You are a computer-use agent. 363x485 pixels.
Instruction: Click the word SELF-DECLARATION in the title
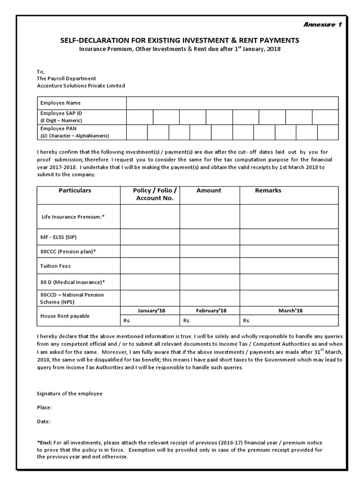pyautogui.click(x=91, y=41)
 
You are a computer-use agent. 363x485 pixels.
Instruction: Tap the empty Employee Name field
pyautogui.click(x=232, y=103)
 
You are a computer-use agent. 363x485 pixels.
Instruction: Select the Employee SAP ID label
pyautogui.click(x=58, y=114)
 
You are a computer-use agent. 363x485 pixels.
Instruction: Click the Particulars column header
pyautogui.click(x=75, y=190)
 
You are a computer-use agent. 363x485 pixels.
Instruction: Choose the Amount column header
pyautogui.click(x=208, y=190)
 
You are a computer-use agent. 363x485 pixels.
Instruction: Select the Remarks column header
pyautogui.click(x=268, y=190)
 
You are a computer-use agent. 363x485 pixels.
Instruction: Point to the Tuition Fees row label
pyautogui.click(x=55, y=266)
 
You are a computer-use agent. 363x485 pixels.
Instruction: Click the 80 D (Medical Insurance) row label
pyautogui.click(x=72, y=282)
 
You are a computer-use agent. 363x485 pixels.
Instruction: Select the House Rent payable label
pyautogui.click(x=65, y=316)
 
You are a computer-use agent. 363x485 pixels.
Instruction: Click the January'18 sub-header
pyautogui.click(x=151, y=311)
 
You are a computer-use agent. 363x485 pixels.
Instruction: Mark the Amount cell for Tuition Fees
pyautogui.click(x=209, y=266)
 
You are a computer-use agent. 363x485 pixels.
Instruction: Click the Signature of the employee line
pyautogui.click(x=69, y=394)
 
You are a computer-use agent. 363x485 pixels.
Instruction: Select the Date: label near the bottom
pyautogui.click(x=43, y=421)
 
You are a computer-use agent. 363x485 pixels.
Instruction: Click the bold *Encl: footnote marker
pyautogui.click(x=45, y=443)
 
